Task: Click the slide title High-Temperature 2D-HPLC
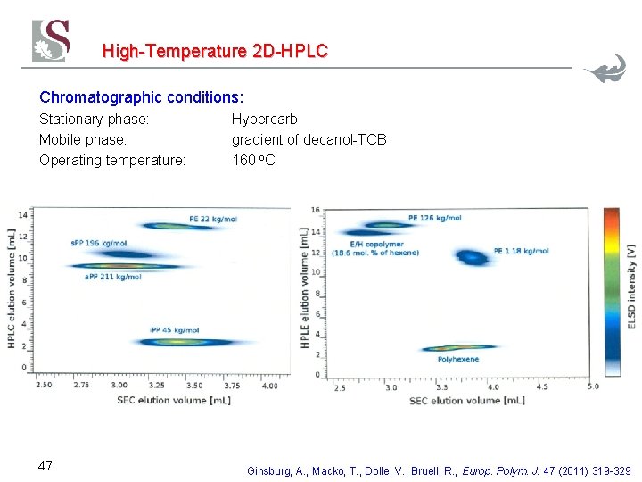tap(215, 51)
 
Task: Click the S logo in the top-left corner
tap(51, 41)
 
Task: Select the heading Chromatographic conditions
tap(141, 96)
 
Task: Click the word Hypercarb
tap(265, 119)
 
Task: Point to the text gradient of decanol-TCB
tap(309, 139)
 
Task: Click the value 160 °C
tap(253, 161)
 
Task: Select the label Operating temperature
tap(112, 161)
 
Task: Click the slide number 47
tap(46, 465)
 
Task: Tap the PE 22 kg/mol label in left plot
tap(213, 219)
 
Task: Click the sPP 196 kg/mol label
tap(98, 243)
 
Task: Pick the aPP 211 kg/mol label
tap(112, 277)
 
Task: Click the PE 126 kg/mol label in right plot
tap(434, 218)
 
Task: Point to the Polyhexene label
tap(458, 359)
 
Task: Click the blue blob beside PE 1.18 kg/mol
tap(471, 258)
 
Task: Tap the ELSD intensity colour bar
tap(611, 290)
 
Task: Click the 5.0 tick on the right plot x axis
tap(593, 387)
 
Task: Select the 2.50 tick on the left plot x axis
tap(43, 385)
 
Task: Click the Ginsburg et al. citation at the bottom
tap(438, 470)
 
